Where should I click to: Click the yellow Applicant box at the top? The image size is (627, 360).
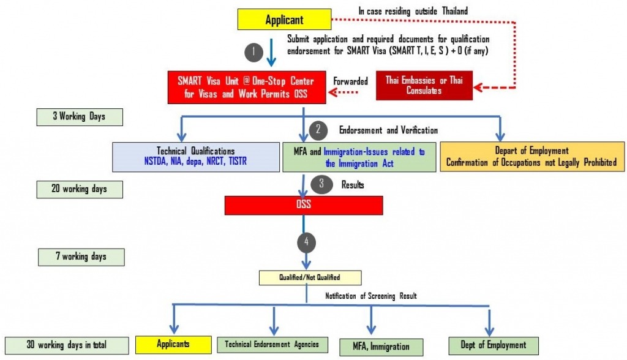283,20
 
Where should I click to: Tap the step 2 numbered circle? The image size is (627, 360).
318,129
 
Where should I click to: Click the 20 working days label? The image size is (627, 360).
78,189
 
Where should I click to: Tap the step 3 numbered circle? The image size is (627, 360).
318,183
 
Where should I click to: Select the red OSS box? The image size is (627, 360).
304,205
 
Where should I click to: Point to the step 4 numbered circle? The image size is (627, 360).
306,242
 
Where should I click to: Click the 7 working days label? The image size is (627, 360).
80,257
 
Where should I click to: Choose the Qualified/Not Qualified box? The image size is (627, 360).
310,277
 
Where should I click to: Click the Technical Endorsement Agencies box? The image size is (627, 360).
272,345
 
